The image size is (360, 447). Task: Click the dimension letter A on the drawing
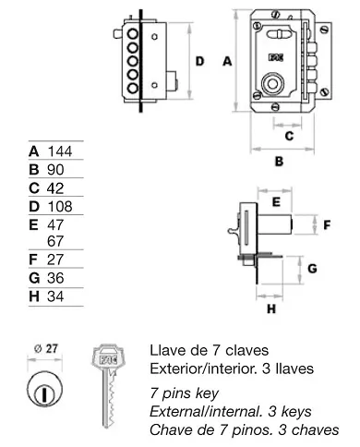[x=227, y=61]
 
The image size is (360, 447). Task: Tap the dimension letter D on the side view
[x=198, y=62]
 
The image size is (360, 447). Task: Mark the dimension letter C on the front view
[x=289, y=136]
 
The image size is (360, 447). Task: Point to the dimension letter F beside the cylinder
[x=324, y=224]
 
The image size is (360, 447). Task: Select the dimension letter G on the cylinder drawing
[x=313, y=269]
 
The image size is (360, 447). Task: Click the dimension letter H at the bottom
[x=270, y=309]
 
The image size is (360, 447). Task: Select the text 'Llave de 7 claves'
[x=208, y=350]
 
